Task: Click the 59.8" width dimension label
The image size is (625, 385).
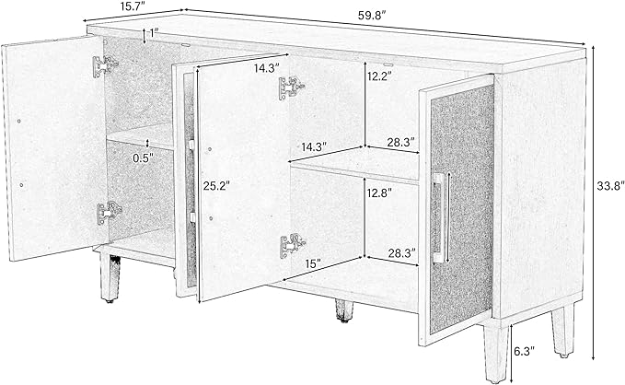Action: (x=373, y=16)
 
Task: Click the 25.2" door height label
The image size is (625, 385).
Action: (x=216, y=185)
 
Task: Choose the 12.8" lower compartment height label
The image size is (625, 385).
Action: (x=378, y=192)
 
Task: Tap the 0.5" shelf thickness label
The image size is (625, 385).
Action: (x=143, y=158)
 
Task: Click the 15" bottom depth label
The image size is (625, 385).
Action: (x=313, y=263)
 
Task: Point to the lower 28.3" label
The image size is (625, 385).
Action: (x=402, y=252)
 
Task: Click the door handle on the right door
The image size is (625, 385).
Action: (x=441, y=217)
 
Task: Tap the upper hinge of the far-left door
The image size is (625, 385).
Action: (x=105, y=65)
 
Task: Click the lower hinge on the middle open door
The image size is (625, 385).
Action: (x=293, y=245)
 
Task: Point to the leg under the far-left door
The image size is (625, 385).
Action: (x=110, y=277)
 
